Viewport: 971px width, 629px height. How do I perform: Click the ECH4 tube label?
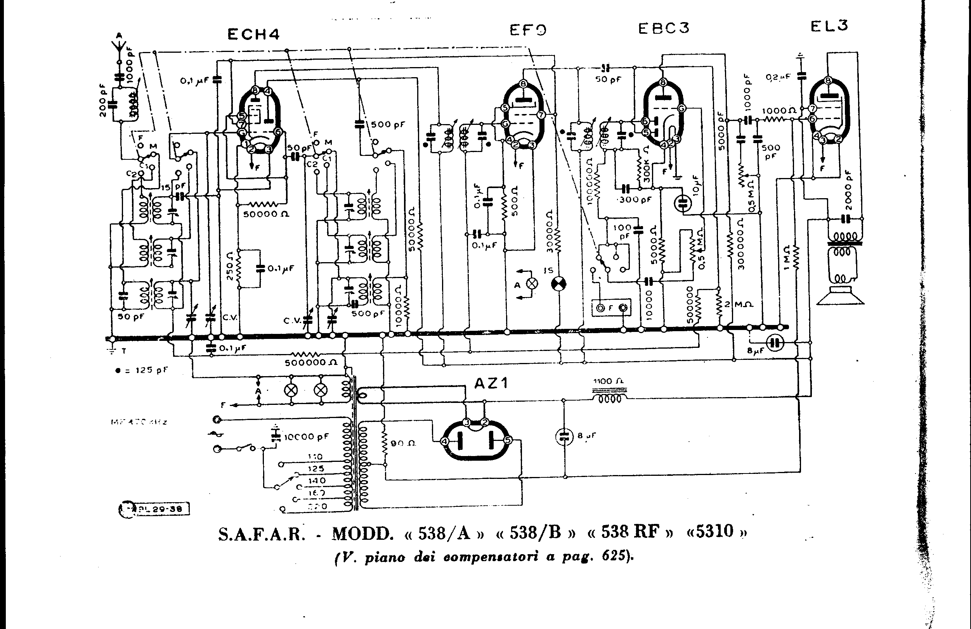(253, 34)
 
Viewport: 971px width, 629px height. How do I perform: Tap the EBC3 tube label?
(664, 28)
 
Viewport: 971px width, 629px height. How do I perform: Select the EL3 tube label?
(829, 26)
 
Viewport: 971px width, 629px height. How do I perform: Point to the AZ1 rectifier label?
(491, 383)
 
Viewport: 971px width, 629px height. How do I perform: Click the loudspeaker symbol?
(840, 296)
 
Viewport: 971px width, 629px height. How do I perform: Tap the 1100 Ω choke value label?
(608, 381)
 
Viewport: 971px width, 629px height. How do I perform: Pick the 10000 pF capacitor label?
(306, 437)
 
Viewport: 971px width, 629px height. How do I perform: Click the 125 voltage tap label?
(316, 468)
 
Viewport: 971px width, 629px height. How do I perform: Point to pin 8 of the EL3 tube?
(828, 80)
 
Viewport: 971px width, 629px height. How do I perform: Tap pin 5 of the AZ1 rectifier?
(508, 440)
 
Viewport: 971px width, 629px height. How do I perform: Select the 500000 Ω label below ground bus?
(311, 363)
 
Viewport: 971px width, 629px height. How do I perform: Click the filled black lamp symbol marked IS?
(558, 284)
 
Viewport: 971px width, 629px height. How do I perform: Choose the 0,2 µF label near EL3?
(779, 77)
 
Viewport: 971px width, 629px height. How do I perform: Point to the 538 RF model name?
(630, 532)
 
